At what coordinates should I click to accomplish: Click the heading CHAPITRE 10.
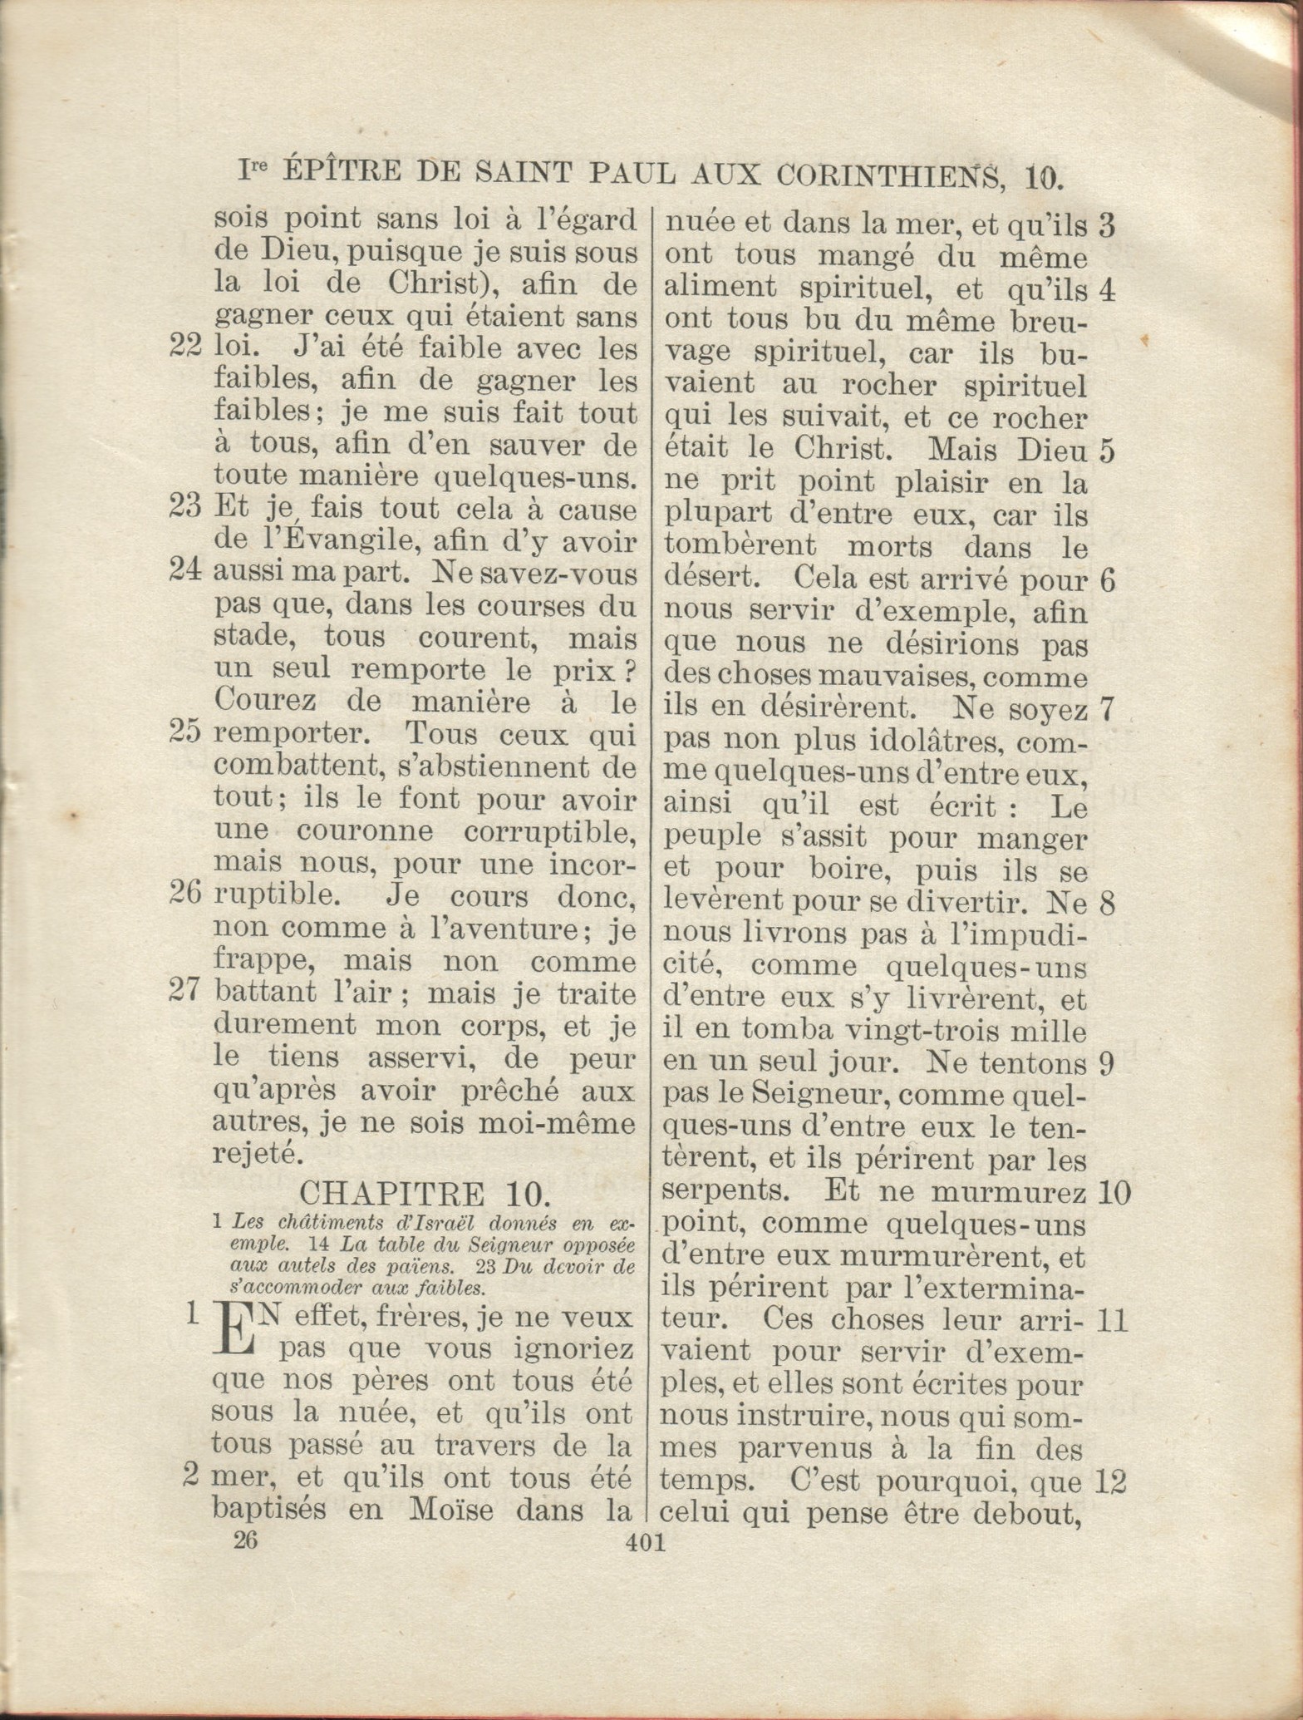[x=424, y=1195]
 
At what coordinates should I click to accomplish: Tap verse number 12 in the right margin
[x=1112, y=1481]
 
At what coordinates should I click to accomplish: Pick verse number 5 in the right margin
[x=1106, y=451]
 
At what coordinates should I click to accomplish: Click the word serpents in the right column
[x=725, y=1192]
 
